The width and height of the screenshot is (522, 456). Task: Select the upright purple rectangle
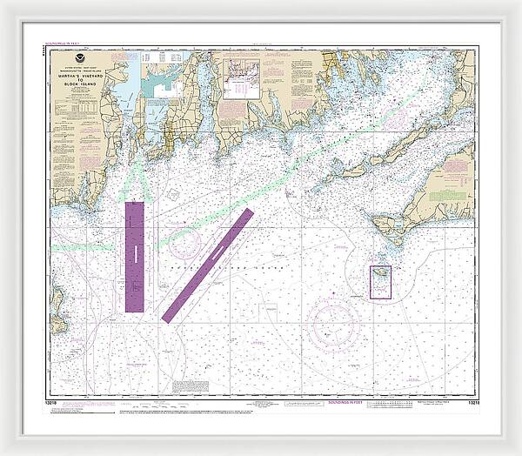point(134,257)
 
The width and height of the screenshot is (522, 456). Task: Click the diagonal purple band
point(208,265)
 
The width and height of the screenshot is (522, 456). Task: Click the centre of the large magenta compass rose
point(335,321)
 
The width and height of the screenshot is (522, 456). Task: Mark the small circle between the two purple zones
point(184,247)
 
